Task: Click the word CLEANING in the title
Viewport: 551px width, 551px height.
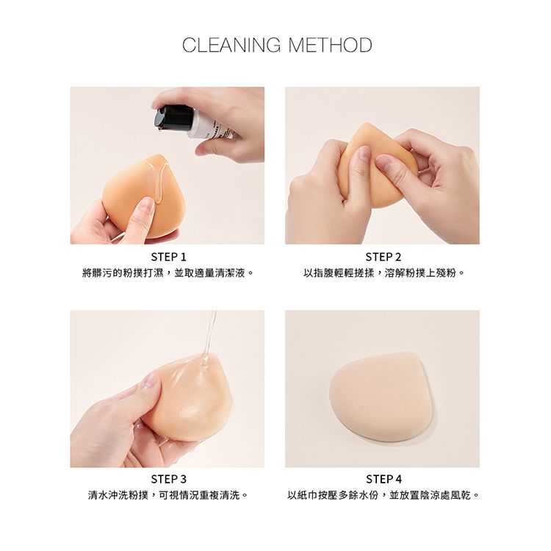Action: pyautogui.click(x=231, y=45)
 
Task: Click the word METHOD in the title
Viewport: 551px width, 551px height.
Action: pyautogui.click(x=330, y=45)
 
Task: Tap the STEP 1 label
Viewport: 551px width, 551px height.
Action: pyautogui.click(x=169, y=257)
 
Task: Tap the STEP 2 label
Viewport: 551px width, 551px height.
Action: pyautogui.click(x=383, y=257)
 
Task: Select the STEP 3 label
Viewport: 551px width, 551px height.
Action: pyautogui.click(x=169, y=479)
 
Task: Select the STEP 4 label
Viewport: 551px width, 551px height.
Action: pyautogui.click(x=383, y=479)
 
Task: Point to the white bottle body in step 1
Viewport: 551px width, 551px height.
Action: pyautogui.click(x=212, y=126)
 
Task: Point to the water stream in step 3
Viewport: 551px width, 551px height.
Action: pyautogui.click(x=208, y=337)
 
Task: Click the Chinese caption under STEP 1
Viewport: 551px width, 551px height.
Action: pyautogui.click(x=168, y=273)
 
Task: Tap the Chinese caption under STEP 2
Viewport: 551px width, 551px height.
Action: pyautogui.click(x=383, y=273)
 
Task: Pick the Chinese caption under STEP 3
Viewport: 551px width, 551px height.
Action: pyautogui.click(x=168, y=495)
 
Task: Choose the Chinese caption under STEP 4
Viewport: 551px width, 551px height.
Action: pyautogui.click(x=383, y=495)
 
